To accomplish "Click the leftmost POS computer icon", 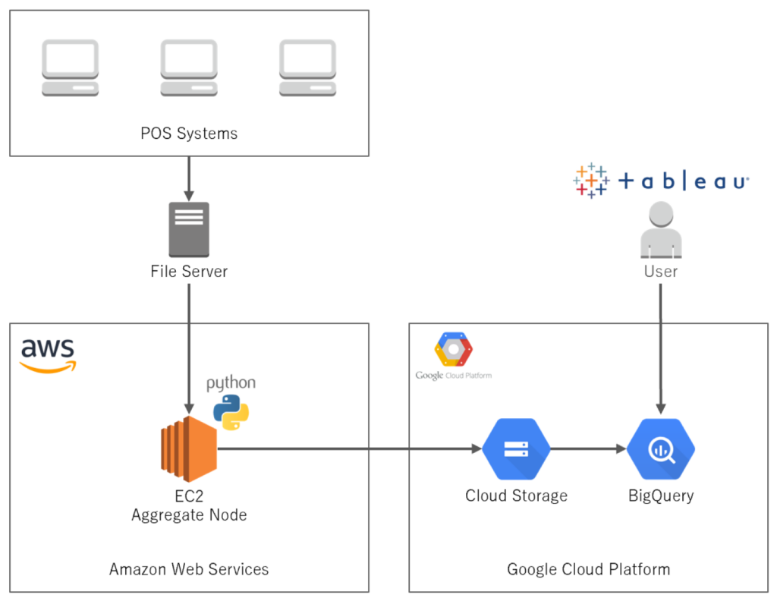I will (x=70, y=68).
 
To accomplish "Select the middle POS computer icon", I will (x=189, y=68).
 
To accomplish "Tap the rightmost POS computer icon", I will (x=307, y=68).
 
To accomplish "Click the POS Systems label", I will (x=189, y=134).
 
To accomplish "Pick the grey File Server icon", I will (x=189, y=229).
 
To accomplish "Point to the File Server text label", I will (x=189, y=271).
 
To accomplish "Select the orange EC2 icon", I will (x=189, y=449).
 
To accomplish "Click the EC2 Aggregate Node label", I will (x=189, y=505).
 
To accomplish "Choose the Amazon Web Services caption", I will (x=189, y=568).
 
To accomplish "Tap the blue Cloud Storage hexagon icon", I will (x=516, y=449).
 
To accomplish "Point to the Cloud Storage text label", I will (x=516, y=496).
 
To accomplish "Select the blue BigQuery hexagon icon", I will (x=660, y=449).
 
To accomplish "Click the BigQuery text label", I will (x=660, y=496).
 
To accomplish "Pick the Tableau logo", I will (x=660, y=181).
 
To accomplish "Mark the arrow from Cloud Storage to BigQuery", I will (x=588, y=449).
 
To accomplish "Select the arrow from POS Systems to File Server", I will (x=189, y=179).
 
